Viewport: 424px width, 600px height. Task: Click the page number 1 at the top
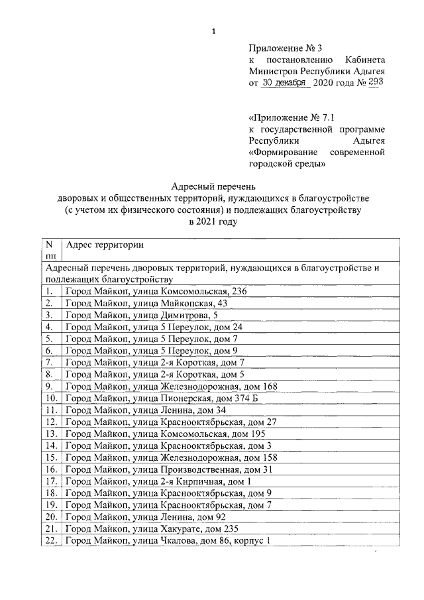tap(213, 30)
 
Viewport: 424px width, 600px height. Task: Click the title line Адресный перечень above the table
tap(213, 186)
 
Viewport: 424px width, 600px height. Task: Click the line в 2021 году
tap(213, 222)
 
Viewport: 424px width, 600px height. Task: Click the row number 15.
tap(50, 457)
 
